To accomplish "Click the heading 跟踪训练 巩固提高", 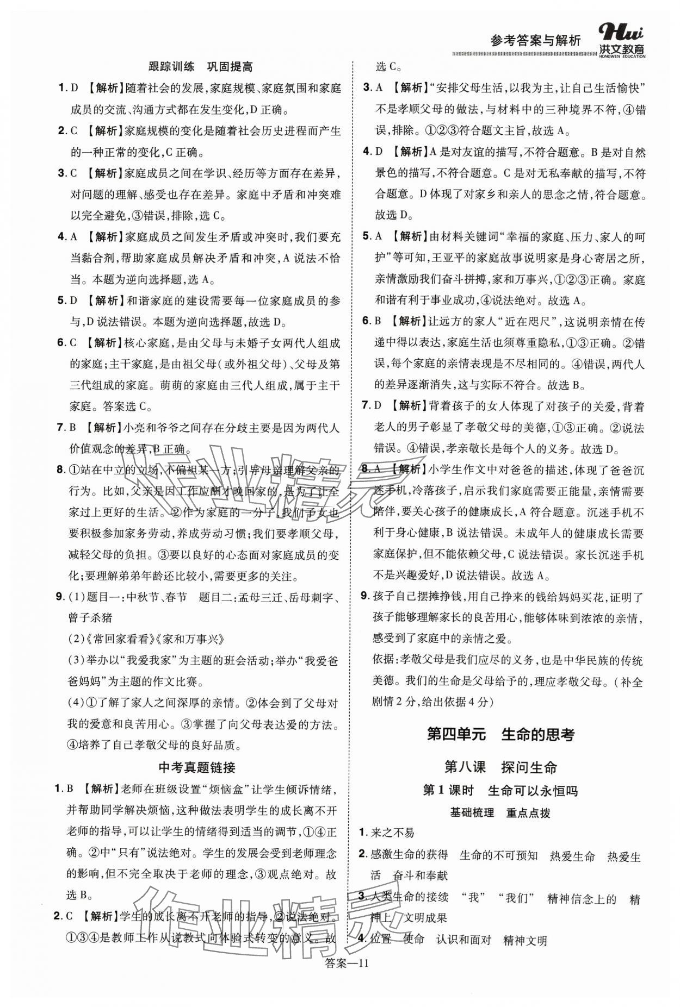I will (x=200, y=67).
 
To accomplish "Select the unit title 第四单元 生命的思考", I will (x=500, y=734).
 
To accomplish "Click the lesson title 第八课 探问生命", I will (x=500, y=767).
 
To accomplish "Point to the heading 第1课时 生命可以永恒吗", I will (x=500, y=790).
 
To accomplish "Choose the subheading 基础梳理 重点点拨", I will (x=500, y=813).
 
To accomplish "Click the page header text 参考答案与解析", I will (x=535, y=40).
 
